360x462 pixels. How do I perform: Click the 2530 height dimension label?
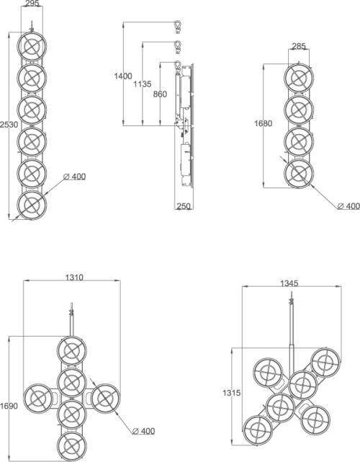point(9,125)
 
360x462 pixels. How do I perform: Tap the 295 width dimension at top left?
point(32,4)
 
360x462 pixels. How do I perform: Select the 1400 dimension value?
point(123,76)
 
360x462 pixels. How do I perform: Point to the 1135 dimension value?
point(143,84)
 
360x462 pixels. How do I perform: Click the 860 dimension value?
point(160,94)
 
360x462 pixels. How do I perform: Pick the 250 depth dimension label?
point(184,206)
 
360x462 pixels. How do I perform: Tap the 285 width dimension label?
point(299,46)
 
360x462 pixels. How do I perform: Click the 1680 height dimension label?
point(263,123)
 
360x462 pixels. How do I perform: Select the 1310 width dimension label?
point(74,277)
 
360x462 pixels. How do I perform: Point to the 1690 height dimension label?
point(9,406)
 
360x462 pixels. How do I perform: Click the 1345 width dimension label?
point(289,283)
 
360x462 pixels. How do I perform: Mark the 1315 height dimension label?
point(231,393)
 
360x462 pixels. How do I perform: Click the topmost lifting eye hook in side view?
point(178,26)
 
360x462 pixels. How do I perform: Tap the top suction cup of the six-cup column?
point(32,46)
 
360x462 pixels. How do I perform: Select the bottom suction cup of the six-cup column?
point(32,205)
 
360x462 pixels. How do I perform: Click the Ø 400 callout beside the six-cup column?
point(74,177)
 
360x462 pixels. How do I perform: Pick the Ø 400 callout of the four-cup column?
point(348,206)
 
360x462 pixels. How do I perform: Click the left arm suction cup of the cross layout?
point(38,399)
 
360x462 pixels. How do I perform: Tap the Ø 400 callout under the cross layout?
point(144,431)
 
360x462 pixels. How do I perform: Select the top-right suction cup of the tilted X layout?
point(325,362)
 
